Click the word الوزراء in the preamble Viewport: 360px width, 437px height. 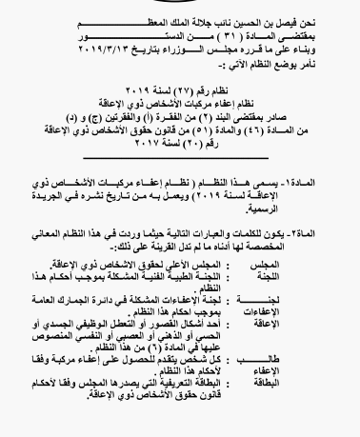(x=201, y=45)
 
